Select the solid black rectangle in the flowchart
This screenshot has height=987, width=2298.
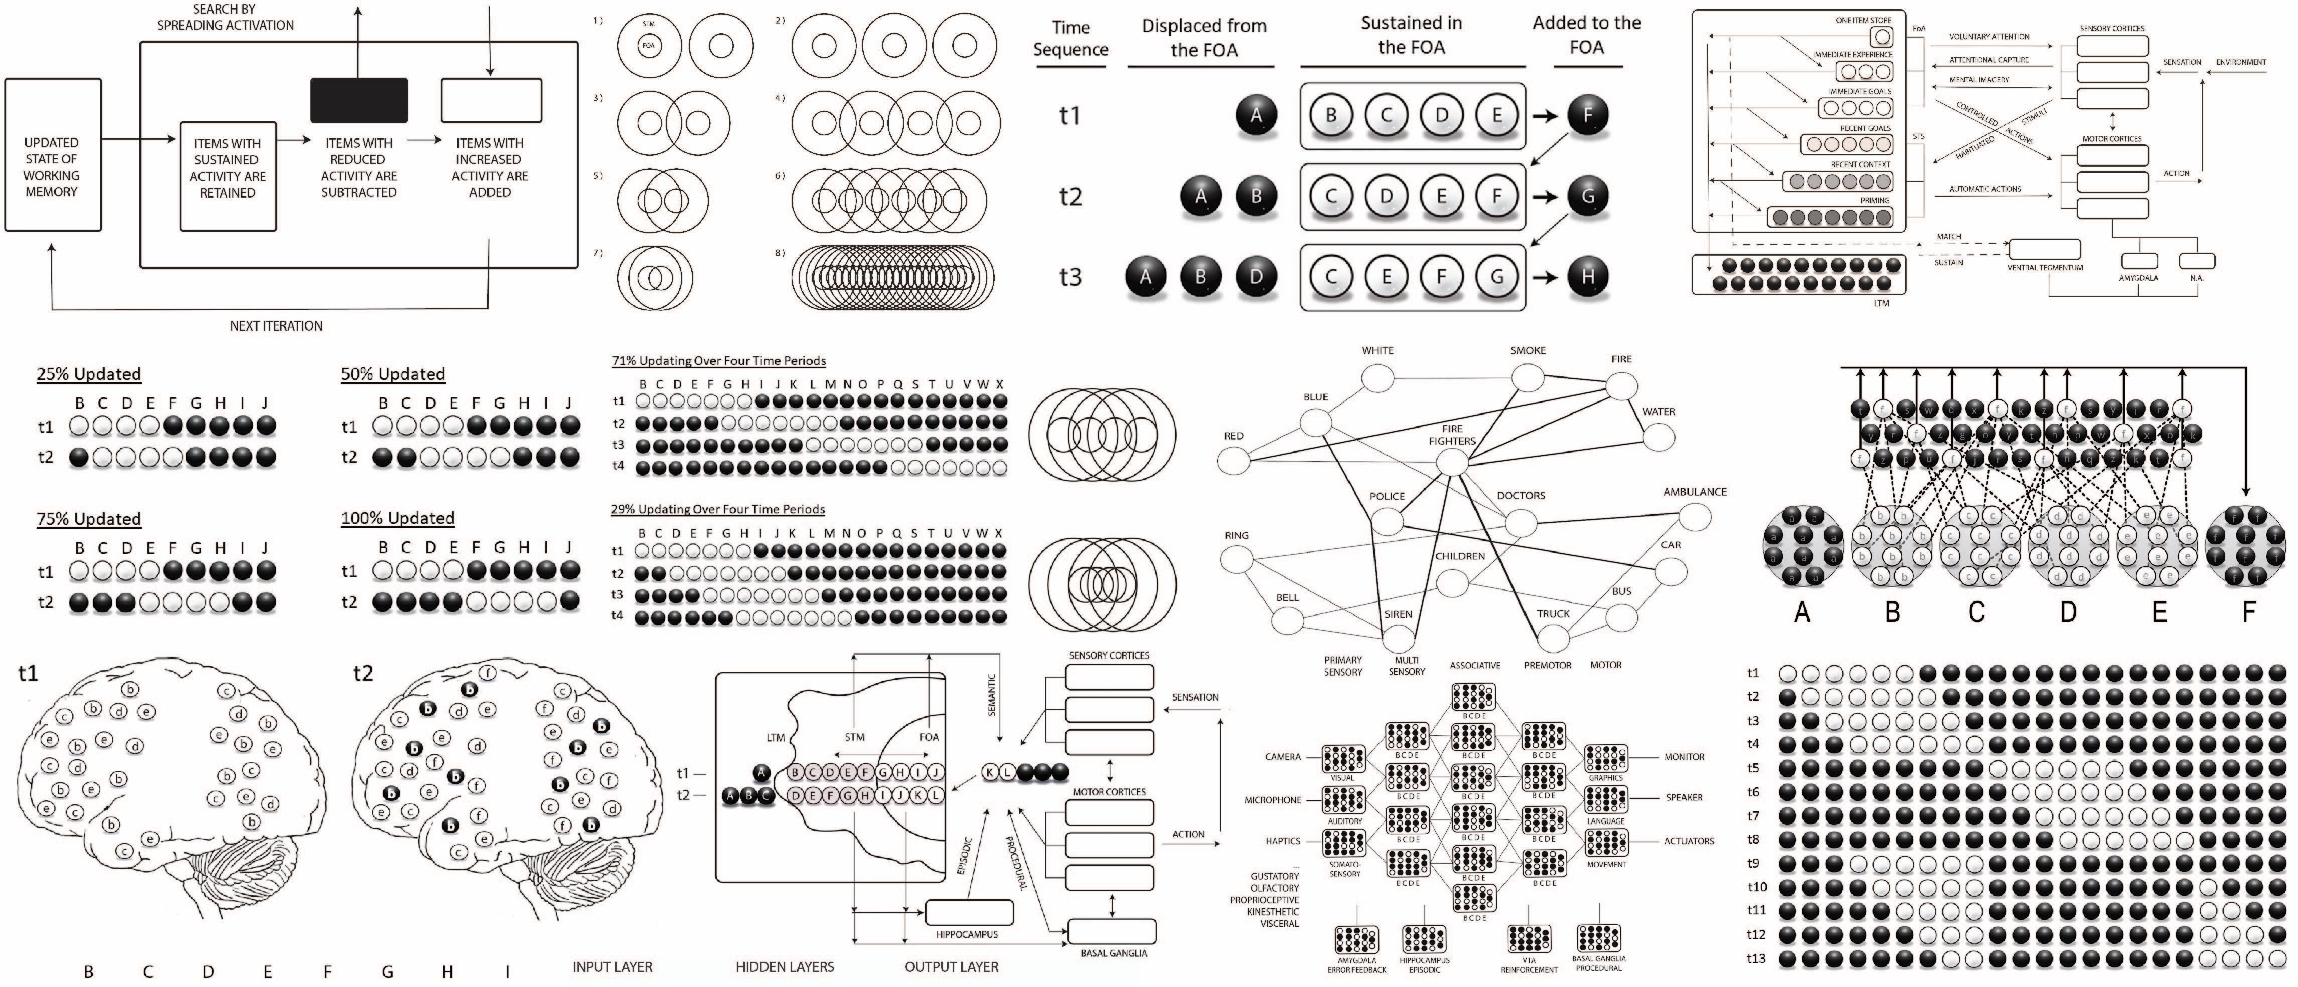tap(359, 100)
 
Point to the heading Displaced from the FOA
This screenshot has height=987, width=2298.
tap(1203, 38)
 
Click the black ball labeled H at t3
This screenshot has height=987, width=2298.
tap(1587, 276)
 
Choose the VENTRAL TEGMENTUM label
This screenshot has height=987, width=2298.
tap(2045, 267)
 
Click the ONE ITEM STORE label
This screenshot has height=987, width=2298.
tap(1864, 20)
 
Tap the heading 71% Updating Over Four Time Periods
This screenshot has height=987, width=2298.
tap(718, 360)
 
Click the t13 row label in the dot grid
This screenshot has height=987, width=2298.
tap(1755, 958)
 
